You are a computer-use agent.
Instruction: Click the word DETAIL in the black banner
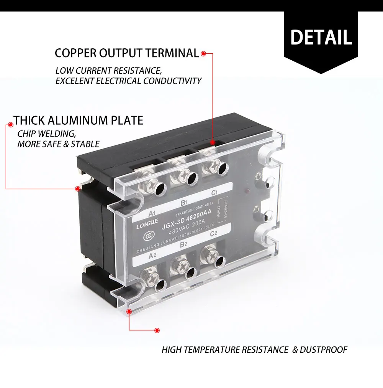[321, 37]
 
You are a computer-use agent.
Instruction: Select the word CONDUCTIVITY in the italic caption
[172, 81]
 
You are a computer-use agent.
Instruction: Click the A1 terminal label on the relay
[151, 213]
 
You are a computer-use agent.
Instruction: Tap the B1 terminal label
[183, 202]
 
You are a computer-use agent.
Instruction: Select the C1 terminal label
[214, 192]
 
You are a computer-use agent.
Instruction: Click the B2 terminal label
[183, 244]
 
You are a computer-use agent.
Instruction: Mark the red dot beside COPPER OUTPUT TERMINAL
[204, 54]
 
